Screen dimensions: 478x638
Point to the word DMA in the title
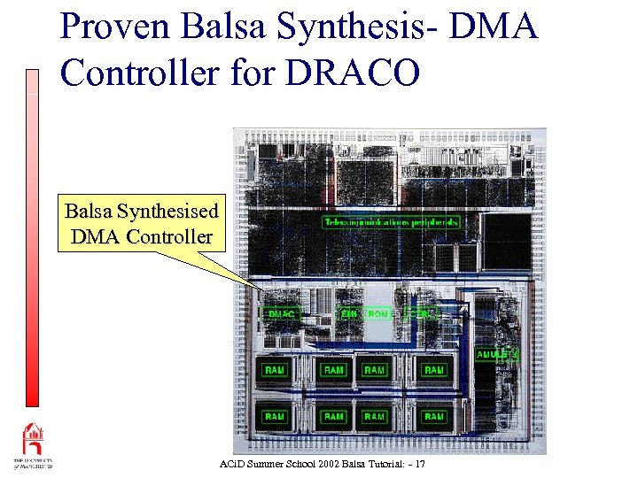pyautogui.click(x=494, y=27)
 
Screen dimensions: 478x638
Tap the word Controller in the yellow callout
pyautogui.click(x=168, y=236)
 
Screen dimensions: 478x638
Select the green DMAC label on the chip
pyautogui.click(x=283, y=313)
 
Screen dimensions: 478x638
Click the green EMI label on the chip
pyautogui.click(x=349, y=313)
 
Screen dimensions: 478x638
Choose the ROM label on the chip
pyautogui.click(x=377, y=313)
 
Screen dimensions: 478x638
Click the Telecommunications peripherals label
pyautogui.click(x=391, y=222)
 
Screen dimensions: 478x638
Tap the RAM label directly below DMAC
pyautogui.click(x=276, y=370)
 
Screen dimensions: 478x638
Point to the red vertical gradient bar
pyautogui.click(x=33, y=239)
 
